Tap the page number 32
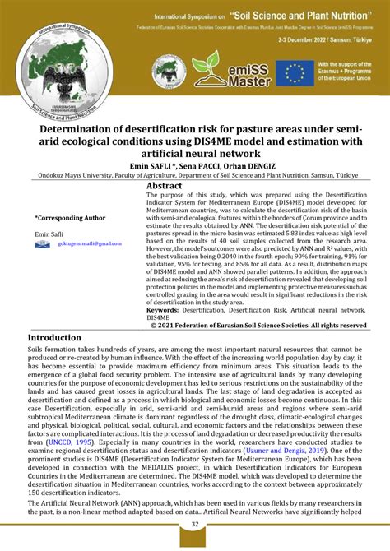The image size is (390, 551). [195, 524]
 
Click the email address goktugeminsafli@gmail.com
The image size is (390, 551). [89, 243]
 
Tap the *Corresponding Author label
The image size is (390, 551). [70, 218]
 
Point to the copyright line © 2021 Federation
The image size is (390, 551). [258, 325]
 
